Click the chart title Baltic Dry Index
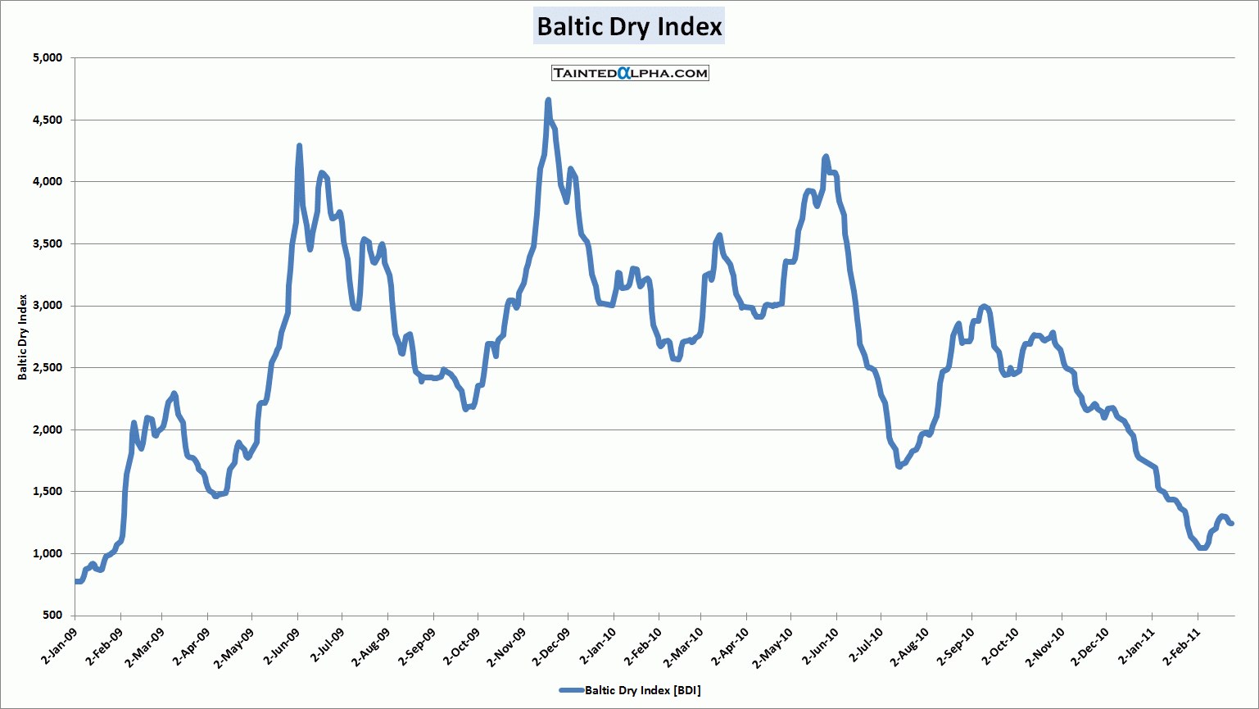tap(629, 26)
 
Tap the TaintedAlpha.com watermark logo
tap(630, 73)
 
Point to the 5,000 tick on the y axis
tap(48, 57)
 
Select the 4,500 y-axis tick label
tap(48, 120)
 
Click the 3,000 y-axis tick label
tap(48, 306)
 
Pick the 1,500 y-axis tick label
tap(48, 491)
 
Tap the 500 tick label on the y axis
tap(52, 615)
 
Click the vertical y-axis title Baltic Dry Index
tap(23, 337)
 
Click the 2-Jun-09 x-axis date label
tap(282, 647)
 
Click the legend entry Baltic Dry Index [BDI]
tap(630, 690)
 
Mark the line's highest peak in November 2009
tap(548, 101)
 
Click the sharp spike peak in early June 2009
tap(299, 146)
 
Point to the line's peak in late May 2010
tap(826, 157)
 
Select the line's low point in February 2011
tap(1202, 548)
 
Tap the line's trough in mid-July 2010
tap(899, 466)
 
